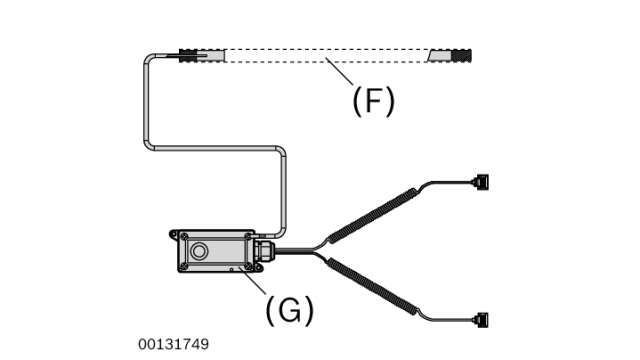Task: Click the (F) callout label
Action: (x=373, y=100)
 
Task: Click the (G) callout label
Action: (x=289, y=310)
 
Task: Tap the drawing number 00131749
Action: (x=174, y=344)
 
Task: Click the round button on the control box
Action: (x=200, y=249)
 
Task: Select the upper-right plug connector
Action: (x=481, y=182)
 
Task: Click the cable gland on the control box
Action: (x=264, y=251)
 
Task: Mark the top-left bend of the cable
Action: (x=150, y=60)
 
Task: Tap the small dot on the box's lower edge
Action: (x=231, y=268)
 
